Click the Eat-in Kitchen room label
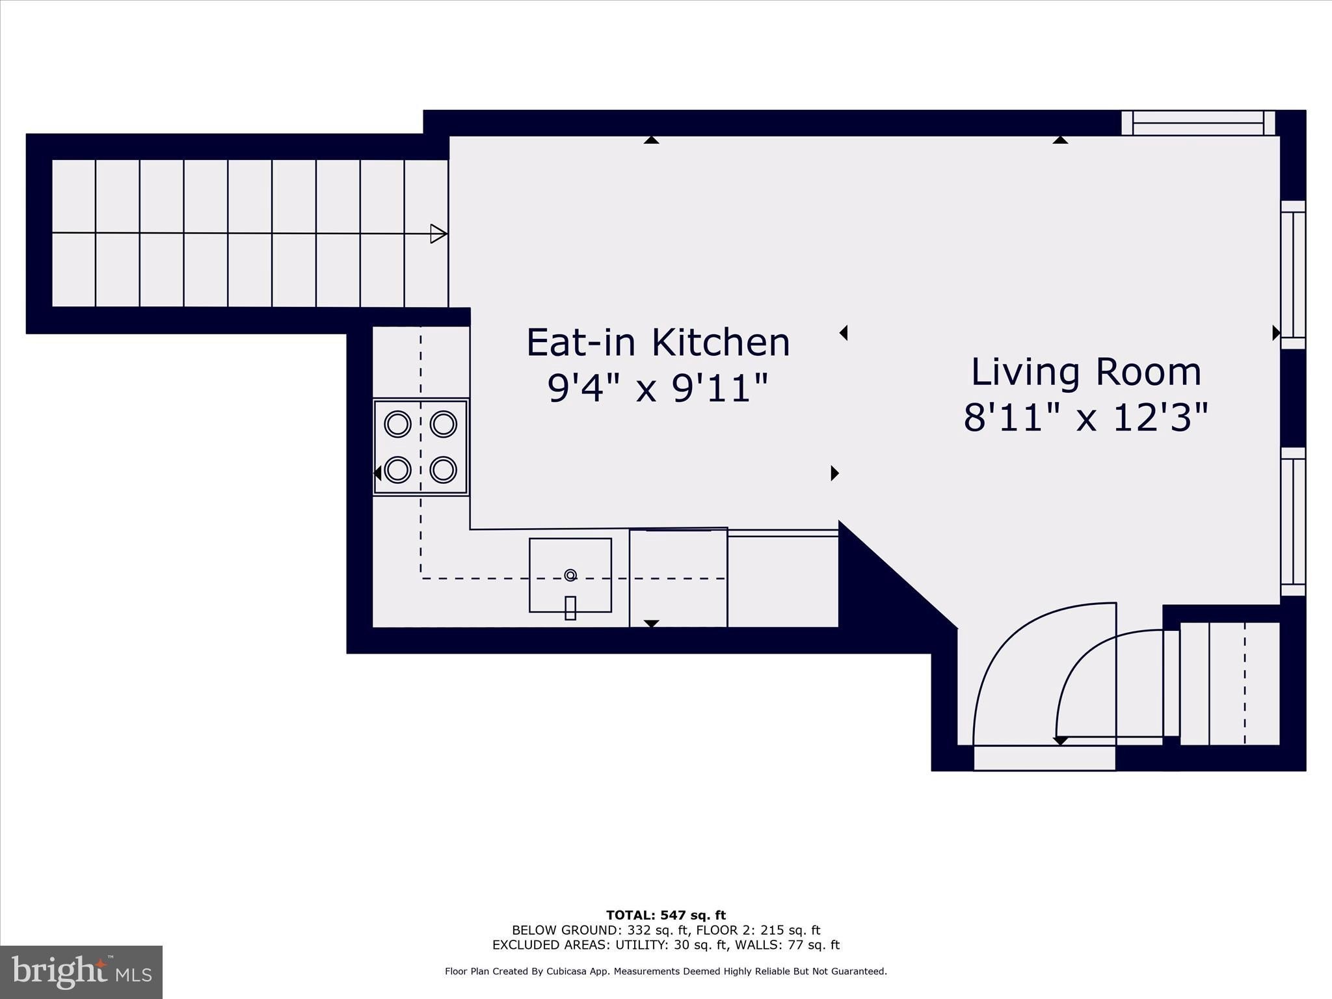pos(658,343)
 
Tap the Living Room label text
pos(1086,373)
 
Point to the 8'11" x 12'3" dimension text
pos(1086,417)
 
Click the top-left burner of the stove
pos(397,425)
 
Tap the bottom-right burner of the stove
pos(443,470)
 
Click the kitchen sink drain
pos(570,575)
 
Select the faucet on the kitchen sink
pos(570,607)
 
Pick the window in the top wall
pos(1198,123)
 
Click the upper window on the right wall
pos(1293,274)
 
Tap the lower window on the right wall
pos(1293,522)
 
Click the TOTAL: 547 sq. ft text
pos(666,916)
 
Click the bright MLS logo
pos(81,972)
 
